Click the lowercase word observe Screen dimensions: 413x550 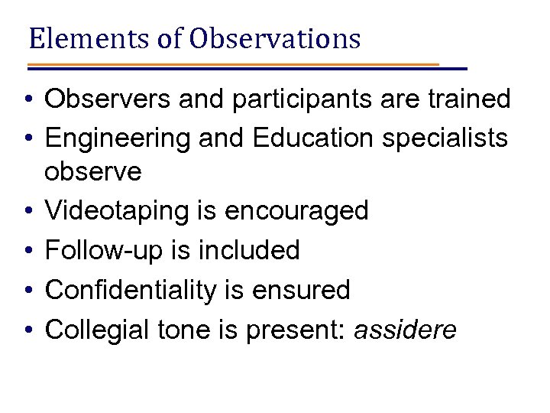point(92,173)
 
